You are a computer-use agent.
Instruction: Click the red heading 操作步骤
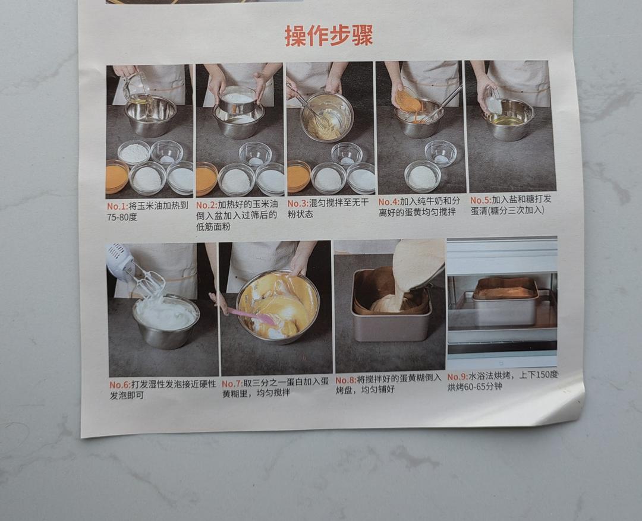pos(328,36)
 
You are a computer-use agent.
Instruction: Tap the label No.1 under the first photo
pos(117,206)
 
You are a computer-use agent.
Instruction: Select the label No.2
pos(206,204)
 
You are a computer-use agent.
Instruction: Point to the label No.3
pos(297,203)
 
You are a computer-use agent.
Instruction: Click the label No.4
pos(389,201)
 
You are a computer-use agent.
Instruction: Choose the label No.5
pos(480,200)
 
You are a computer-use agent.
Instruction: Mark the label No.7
pos(232,383)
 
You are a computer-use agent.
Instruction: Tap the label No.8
pos(346,380)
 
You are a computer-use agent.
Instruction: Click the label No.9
pos(457,377)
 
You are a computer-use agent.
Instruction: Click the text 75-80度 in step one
pos(122,217)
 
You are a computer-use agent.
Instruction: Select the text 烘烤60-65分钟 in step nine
pos(475,387)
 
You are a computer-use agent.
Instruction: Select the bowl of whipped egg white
pos(166,320)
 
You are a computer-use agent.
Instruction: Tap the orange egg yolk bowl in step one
pos(117,177)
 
